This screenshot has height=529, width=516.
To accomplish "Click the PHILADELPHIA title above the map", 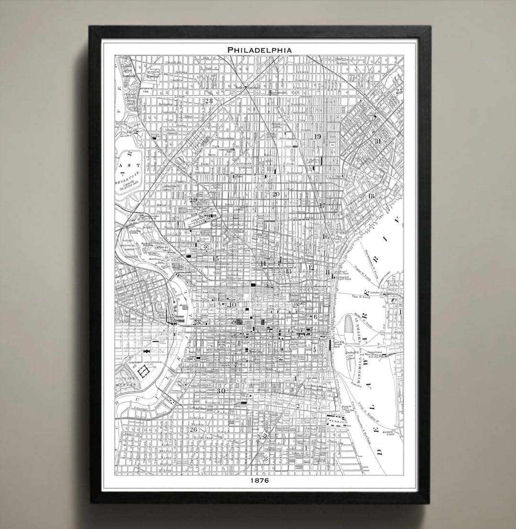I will tap(259, 49).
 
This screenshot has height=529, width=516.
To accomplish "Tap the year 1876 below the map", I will tap(259, 480).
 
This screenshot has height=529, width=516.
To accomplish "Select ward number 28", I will tap(208, 101).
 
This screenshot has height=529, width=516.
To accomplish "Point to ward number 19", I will tap(318, 137).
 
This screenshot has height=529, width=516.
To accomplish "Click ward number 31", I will tap(378, 141).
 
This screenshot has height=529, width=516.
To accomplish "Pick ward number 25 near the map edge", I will tap(398, 91).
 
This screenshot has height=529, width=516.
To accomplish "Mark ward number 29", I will tap(193, 200).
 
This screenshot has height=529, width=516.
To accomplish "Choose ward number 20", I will tap(276, 194).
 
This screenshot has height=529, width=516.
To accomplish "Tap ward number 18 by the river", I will tap(371, 196).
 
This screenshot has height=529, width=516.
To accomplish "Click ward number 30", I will tap(221, 391).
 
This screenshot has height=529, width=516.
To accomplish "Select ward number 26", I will tap(193, 429).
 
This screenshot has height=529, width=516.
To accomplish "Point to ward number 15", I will tap(215, 259).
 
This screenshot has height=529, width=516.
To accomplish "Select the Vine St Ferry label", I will tap(362, 297).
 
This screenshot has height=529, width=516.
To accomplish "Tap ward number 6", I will tap(315, 317).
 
